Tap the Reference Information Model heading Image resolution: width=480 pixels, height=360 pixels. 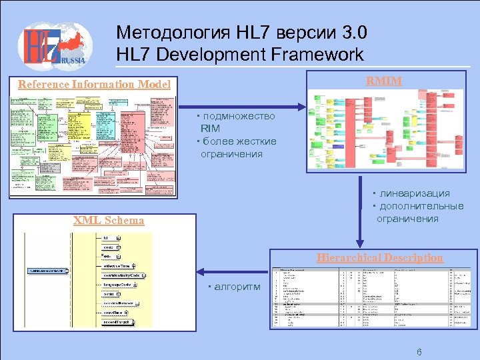(94, 85)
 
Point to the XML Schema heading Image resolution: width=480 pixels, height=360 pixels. (109, 221)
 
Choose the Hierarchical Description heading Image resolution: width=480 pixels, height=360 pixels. (379, 257)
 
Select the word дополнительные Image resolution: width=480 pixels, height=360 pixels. (420, 206)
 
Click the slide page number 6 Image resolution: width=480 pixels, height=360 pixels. (419, 351)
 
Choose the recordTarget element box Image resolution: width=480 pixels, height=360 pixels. (117, 322)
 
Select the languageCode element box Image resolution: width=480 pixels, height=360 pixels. (116, 285)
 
